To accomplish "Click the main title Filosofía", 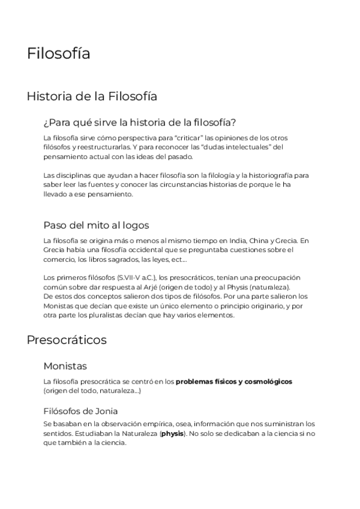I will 59,53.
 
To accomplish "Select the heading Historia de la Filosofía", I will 92,95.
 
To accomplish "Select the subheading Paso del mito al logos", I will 96,225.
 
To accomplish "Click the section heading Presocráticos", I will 67,340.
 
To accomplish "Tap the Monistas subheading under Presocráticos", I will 65,366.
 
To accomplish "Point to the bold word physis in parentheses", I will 173,433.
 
